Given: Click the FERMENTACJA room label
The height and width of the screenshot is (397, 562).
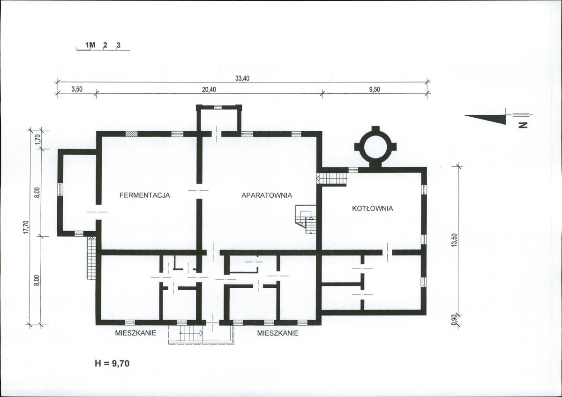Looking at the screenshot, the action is coord(144,195).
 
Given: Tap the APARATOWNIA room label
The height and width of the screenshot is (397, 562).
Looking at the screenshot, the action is coord(267,195).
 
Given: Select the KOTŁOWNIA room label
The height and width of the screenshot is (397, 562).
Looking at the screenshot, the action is coord(372,208).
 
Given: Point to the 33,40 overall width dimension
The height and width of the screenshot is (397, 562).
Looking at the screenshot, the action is coord(242,78).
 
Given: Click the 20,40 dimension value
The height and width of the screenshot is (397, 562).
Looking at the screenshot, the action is coord(209,89).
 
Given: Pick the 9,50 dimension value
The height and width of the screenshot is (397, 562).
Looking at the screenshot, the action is coord(374,89).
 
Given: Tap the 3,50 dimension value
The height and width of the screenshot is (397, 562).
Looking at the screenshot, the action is coord(77,89).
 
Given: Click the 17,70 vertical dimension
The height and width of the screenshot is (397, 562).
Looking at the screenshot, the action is coord(25,227).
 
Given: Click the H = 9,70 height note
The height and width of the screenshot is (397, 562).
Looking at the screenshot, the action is coord(112,363).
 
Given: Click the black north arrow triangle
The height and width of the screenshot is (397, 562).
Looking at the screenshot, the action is coord(486,118).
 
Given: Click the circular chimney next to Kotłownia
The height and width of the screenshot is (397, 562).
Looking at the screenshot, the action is coord(375,147).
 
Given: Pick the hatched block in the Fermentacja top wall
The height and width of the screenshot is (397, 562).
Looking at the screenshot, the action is coord(131,134).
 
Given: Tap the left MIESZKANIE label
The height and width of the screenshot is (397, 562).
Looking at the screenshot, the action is coord(135,333).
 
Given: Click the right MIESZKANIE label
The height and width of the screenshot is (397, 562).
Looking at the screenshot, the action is coord(278,333).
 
